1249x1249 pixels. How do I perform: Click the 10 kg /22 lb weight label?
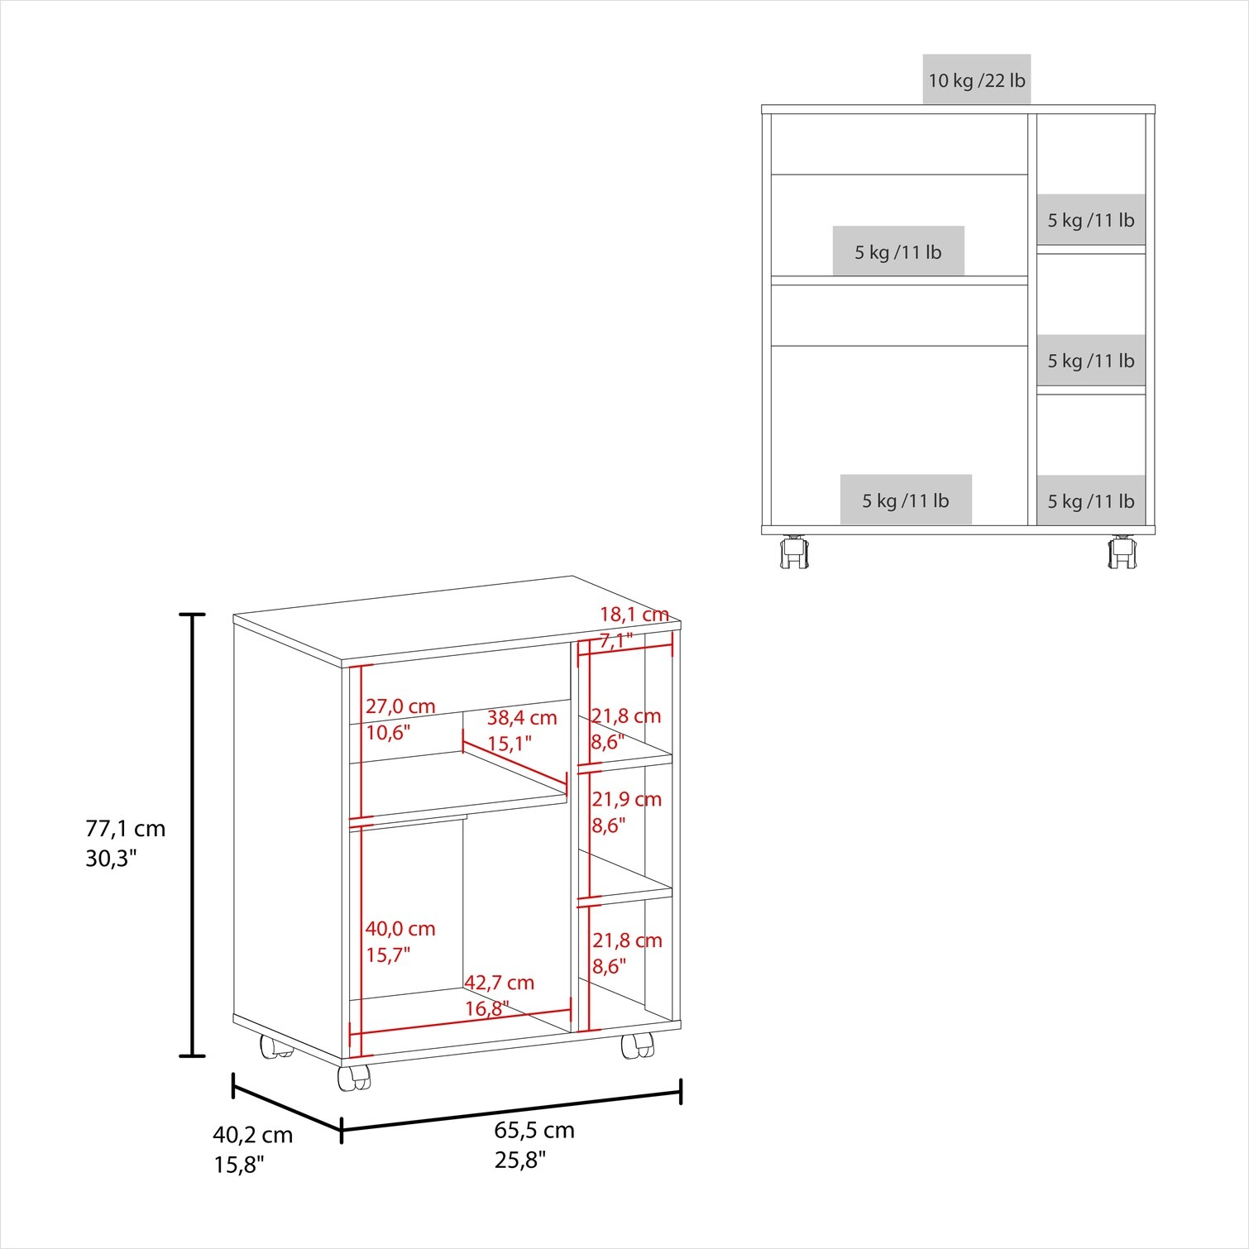tap(977, 80)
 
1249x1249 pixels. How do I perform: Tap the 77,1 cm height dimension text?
tap(126, 828)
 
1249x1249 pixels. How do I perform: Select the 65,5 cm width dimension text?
tap(534, 1130)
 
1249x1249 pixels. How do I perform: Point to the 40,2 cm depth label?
tap(253, 1135)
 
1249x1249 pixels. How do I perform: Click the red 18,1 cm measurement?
tap(634, 615)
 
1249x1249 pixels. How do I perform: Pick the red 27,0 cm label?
tap(400, 706)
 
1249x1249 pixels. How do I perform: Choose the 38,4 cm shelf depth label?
tap(522, 717)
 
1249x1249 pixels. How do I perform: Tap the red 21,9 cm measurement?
tap(626, 799)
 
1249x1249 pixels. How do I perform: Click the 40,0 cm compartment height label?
tap(400, 929)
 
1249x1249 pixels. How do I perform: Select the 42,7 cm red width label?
tap(499, 983)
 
